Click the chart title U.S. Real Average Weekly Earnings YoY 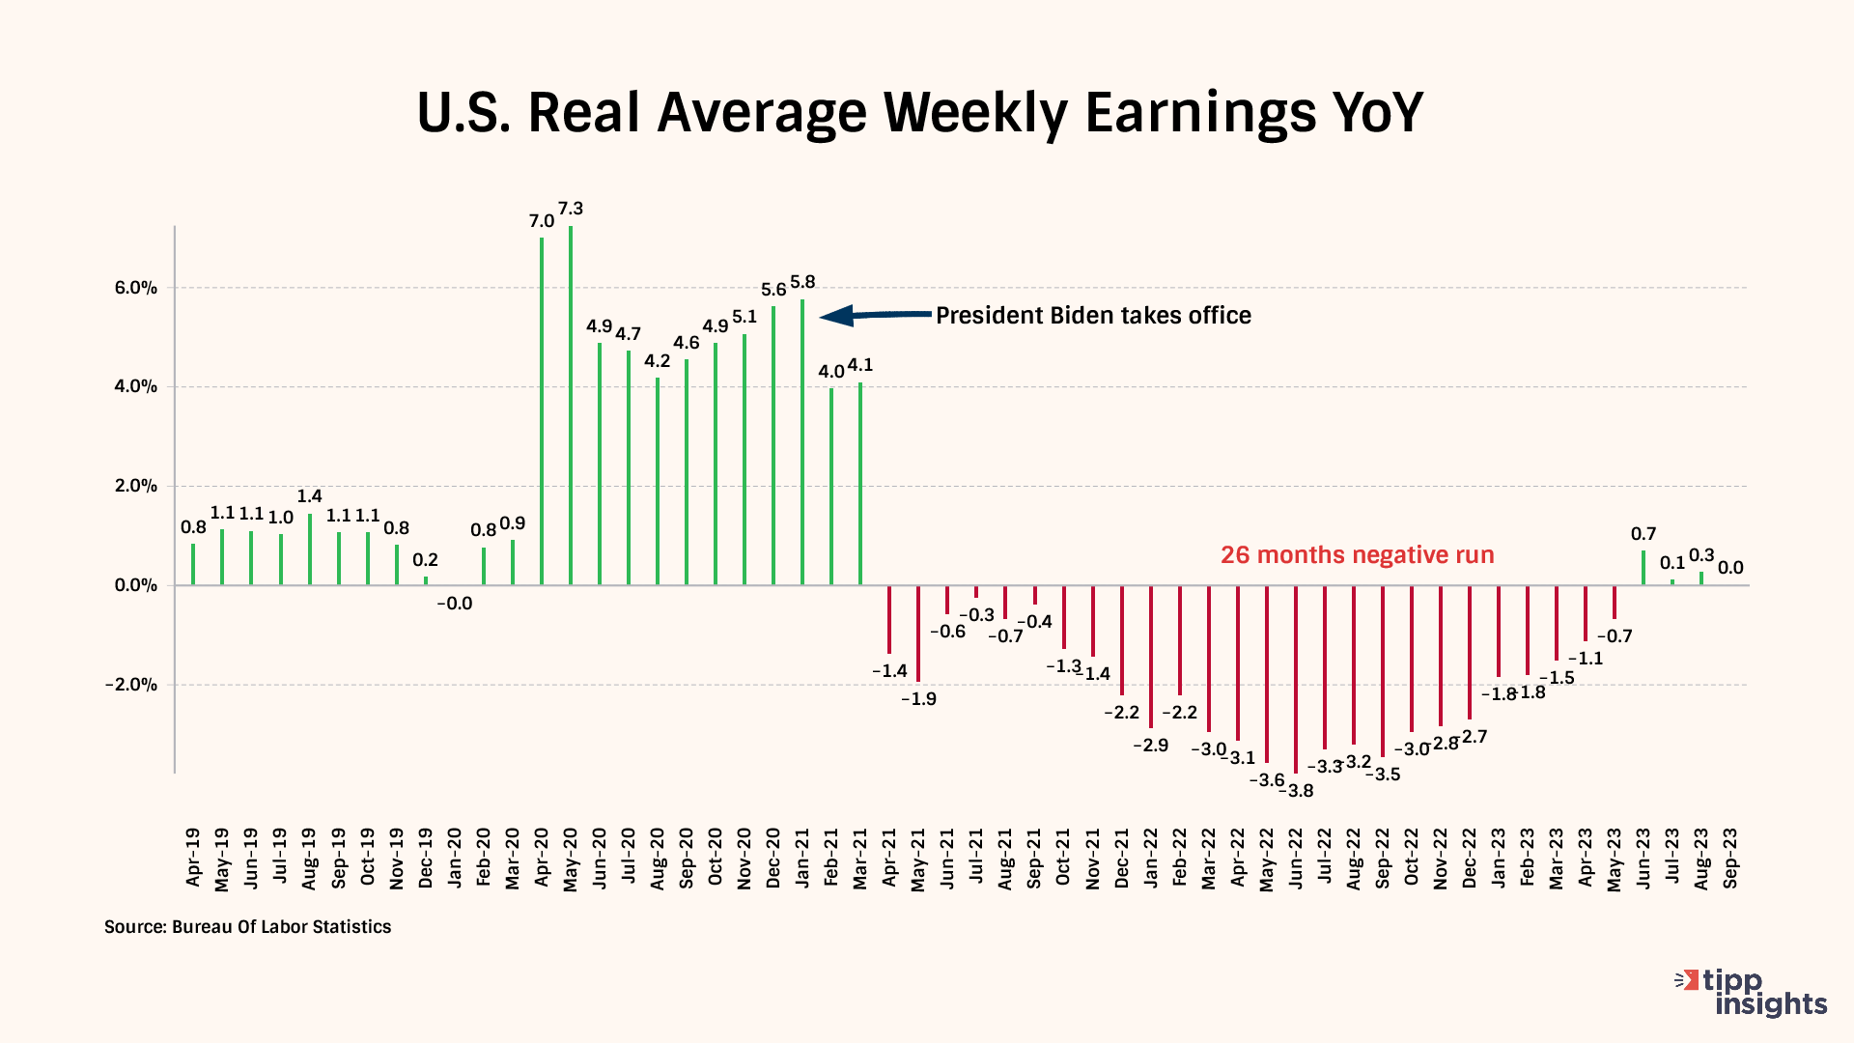tap(919, 113)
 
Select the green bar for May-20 tap(571, 406)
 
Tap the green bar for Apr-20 tap(542, 411)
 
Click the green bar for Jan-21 tap(802, 442)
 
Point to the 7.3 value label tap(571, 209)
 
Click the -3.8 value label tap(1297, 791)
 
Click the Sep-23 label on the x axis tap(1730, 859)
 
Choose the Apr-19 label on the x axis tap(193, 858)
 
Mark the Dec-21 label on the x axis tap(1122, 859)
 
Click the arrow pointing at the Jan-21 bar tap(874, 315)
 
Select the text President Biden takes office tap(1093, 316)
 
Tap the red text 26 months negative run tap(1357, 555)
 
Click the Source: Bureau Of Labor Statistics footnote tap(248, 927)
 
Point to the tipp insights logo tap(1752, 993)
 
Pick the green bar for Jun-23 tap(1643, 568)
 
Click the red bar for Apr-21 tap(889, 619)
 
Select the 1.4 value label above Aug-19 tap(309, 496)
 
